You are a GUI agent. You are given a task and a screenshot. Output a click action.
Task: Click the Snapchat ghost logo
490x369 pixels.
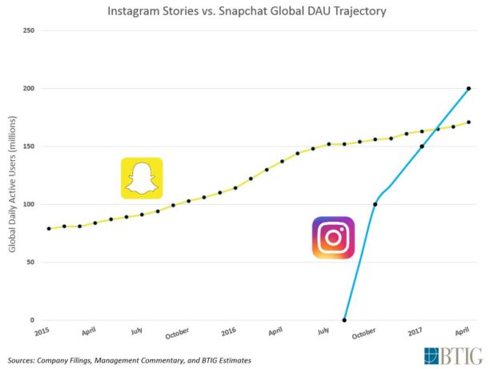[142, 178]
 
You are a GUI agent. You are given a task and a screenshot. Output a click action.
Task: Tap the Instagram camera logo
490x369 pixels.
[333, 238]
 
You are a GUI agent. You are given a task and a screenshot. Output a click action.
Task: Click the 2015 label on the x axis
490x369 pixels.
[42, 330]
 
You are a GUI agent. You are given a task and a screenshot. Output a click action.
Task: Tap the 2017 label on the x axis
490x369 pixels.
[414, 330]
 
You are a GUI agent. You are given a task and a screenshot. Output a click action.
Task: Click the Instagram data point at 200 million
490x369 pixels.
[468, 88]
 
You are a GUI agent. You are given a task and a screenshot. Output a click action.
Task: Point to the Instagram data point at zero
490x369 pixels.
[345, 320]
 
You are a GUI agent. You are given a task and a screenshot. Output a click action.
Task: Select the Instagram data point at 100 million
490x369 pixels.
[376, 204]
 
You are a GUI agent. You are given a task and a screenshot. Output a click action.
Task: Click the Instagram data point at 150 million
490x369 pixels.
[422, 146]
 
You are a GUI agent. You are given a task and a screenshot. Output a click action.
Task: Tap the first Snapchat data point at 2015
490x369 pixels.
[49, 228]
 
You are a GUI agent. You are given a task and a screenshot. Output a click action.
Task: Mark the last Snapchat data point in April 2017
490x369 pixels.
[468, 122]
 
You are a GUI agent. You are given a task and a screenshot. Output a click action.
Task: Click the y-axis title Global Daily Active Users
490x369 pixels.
[13, 189]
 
